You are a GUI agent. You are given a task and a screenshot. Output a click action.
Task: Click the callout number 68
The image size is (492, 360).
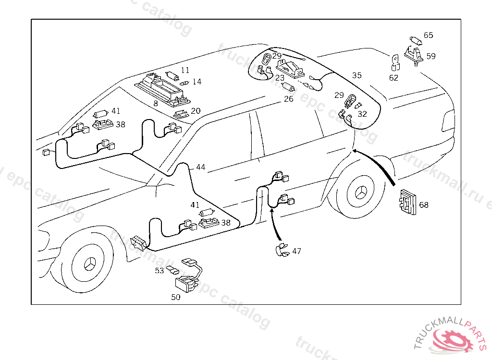tap(423, 205)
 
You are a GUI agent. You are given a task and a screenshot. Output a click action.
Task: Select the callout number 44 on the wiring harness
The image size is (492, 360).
tap(200, 168)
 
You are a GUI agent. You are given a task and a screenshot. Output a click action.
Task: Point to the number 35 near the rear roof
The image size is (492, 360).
tap(357, 75)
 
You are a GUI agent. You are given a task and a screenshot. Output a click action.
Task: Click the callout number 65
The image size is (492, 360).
tap(428, 35)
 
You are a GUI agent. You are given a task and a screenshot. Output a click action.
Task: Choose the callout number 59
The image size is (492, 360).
tap(430, 56)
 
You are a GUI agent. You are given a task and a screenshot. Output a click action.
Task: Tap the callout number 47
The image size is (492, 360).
tap(296, 251)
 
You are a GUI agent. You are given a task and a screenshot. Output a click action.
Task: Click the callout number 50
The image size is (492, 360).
tap(176, 297)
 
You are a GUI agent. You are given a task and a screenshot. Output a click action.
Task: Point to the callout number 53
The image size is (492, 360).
tap(160, 271)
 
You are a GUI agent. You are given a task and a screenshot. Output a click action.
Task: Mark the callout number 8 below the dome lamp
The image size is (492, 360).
tap(156, 103)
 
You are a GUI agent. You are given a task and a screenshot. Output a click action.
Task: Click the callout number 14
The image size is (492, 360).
tap(197, 82)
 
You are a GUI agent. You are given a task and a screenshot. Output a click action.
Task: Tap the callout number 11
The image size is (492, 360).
tap(185, 71)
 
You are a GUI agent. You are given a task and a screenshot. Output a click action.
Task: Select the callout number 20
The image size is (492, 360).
tap(196, 110)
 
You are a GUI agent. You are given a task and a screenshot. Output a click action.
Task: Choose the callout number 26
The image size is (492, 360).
tap(288, 99)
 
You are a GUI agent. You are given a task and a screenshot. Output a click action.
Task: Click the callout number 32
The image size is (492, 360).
tap(362, 114)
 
